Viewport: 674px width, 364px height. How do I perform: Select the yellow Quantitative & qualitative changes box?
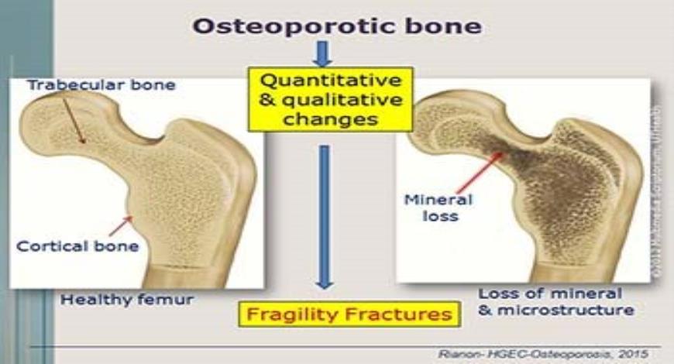click(x=330, y=98)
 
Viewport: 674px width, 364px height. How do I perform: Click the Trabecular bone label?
click(x=101, y=85)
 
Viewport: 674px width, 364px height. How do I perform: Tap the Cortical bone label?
click(x=77, y=246)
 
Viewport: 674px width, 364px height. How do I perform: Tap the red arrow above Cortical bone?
click(x=120, y=225)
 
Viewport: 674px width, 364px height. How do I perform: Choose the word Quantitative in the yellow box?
click(x=330, y=81)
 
